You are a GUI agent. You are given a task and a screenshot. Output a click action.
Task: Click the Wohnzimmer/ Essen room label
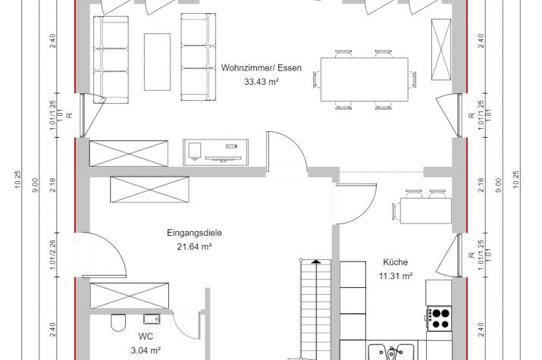[261, 67]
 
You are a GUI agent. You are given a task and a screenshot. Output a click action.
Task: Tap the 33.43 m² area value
[262, 82]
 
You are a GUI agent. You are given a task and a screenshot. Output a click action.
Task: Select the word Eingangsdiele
[194, 233]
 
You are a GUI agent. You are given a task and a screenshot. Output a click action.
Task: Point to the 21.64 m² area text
[194, 246]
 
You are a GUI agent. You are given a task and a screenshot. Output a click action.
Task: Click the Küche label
[395, 262]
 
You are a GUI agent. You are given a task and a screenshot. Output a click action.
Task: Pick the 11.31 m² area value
[396, 276]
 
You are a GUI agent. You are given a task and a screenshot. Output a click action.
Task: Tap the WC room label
[146, 337]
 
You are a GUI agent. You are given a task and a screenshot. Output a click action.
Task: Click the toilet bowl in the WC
[117, 323]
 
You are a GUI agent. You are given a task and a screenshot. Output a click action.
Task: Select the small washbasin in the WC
[152, 319]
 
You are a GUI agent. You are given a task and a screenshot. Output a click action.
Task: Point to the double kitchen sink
[391, 352]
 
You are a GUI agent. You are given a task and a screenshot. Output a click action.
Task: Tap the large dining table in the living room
[365, 80]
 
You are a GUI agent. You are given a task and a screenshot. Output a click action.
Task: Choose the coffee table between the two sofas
[157, 62]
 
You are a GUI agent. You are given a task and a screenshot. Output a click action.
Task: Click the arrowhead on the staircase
[315, 262]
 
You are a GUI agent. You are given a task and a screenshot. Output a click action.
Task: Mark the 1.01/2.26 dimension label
[53, 255]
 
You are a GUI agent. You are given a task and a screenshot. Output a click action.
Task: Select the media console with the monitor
[216, 152]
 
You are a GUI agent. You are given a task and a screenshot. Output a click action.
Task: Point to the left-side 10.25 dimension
[18, 180]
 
